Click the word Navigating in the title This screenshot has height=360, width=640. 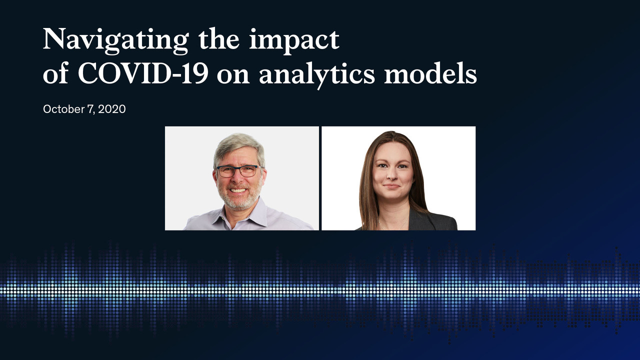(115, 40)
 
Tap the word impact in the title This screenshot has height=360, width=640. (294, 41)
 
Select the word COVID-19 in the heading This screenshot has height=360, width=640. (143, 73)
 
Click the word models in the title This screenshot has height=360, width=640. (430, 72)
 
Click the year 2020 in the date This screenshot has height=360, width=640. (111, 109)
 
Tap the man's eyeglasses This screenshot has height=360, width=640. (239, 170)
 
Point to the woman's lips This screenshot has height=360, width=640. (391, 186)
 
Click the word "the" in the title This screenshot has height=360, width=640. (219, 40)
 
